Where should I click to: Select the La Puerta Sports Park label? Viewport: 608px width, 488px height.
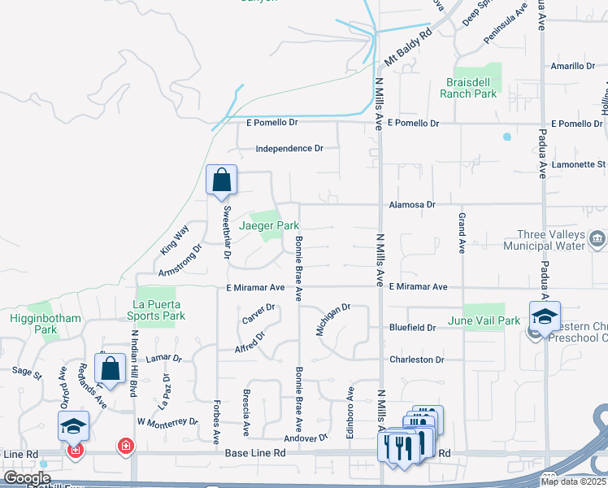[x=155, y=310]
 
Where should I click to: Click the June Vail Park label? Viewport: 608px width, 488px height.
[x=484, y=321]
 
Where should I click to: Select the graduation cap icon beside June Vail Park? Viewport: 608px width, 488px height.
[x=544, y=316]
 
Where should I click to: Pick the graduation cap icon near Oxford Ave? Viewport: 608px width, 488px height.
[x=73, y=425]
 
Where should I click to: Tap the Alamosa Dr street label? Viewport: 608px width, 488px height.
[x=412, y=205]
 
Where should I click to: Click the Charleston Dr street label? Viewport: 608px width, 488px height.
[x=417, y=359]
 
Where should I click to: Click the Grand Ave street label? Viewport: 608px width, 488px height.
[x=462, y=233]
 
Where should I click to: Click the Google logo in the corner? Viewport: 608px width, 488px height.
[x=27, y=478]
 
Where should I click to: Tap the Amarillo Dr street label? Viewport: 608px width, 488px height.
[x=574, y=67]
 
